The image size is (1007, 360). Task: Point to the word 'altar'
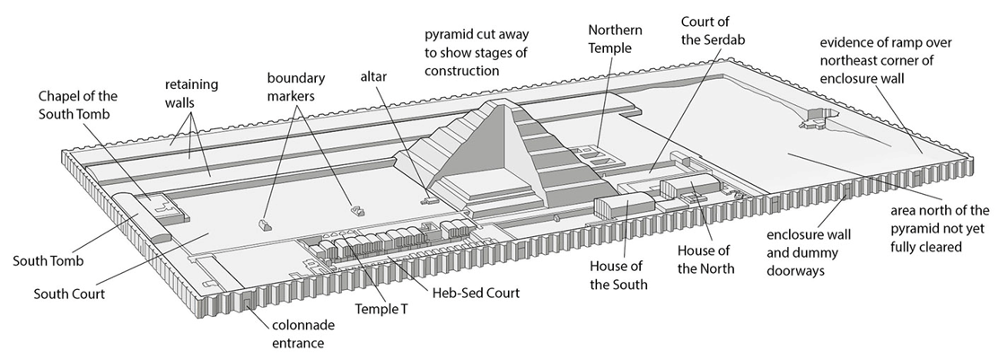(372, 78)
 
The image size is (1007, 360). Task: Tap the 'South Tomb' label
(48, 261)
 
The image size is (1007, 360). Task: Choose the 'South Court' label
(69, 294)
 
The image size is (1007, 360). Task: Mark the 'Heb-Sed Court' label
(476, 293)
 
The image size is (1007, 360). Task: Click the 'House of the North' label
(705, 259)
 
